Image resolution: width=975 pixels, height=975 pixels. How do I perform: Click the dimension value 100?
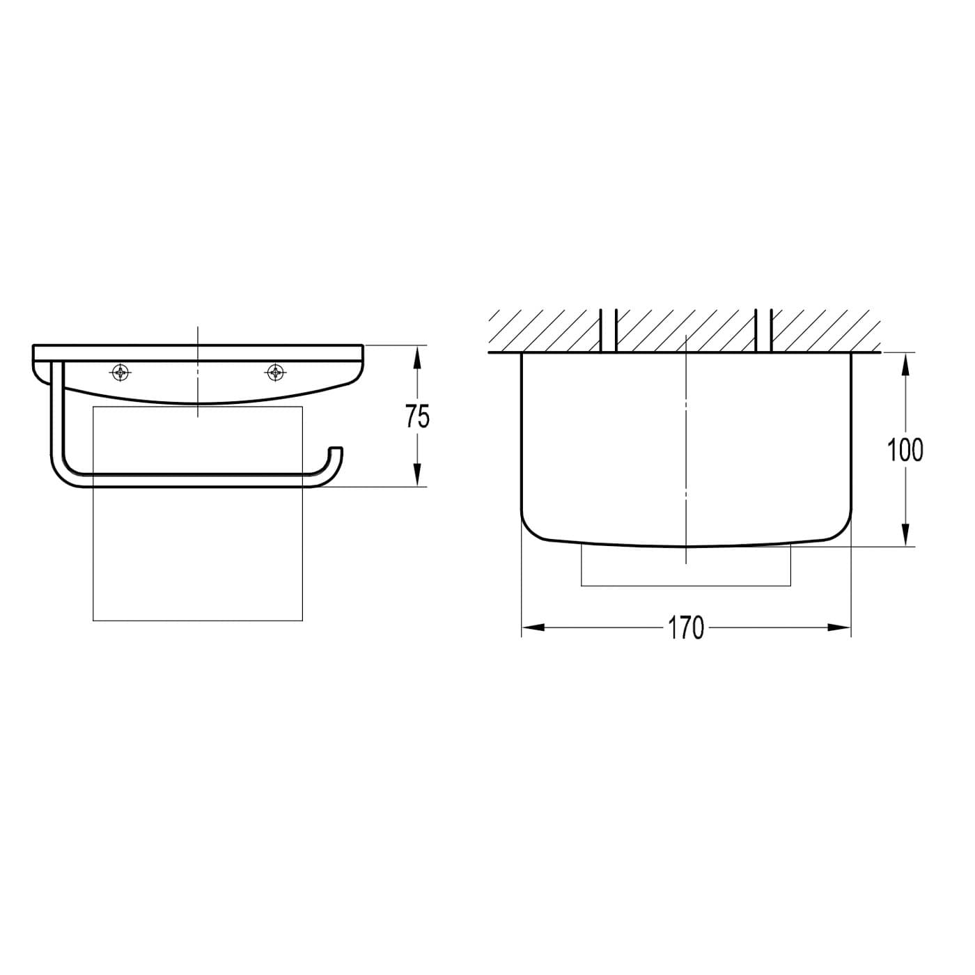click(905, 450)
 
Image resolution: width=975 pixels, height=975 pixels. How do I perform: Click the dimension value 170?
click(687, 628)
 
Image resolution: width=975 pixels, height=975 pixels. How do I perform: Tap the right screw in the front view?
click(276, 373)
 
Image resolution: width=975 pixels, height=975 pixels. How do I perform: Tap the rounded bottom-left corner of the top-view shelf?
click(531, 529)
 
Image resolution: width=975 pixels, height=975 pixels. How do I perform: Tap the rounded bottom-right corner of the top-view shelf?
click(841, 529)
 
